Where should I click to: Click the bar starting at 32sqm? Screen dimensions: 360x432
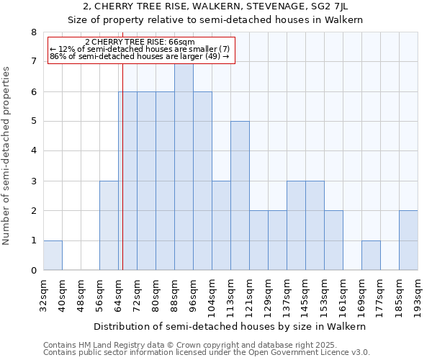tap(53, 256)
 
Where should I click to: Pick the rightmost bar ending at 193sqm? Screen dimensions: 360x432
tap(408, 240)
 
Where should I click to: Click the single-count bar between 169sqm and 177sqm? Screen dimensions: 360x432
tap(371, 256)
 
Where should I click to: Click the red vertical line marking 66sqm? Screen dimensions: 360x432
tap(122, 180)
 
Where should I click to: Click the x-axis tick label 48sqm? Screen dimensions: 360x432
tap(81, 296)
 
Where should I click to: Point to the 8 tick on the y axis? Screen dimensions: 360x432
tap(33, 32)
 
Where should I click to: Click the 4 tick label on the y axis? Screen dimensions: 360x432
tap(33, 151)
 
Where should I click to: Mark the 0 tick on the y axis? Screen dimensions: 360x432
tap(33, 271)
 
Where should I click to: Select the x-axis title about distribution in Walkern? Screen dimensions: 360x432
tap(230, 326)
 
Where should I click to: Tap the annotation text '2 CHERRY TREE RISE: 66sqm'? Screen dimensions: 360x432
tap(140, 42)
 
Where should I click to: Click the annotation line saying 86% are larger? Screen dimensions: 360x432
tap(140, 56)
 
